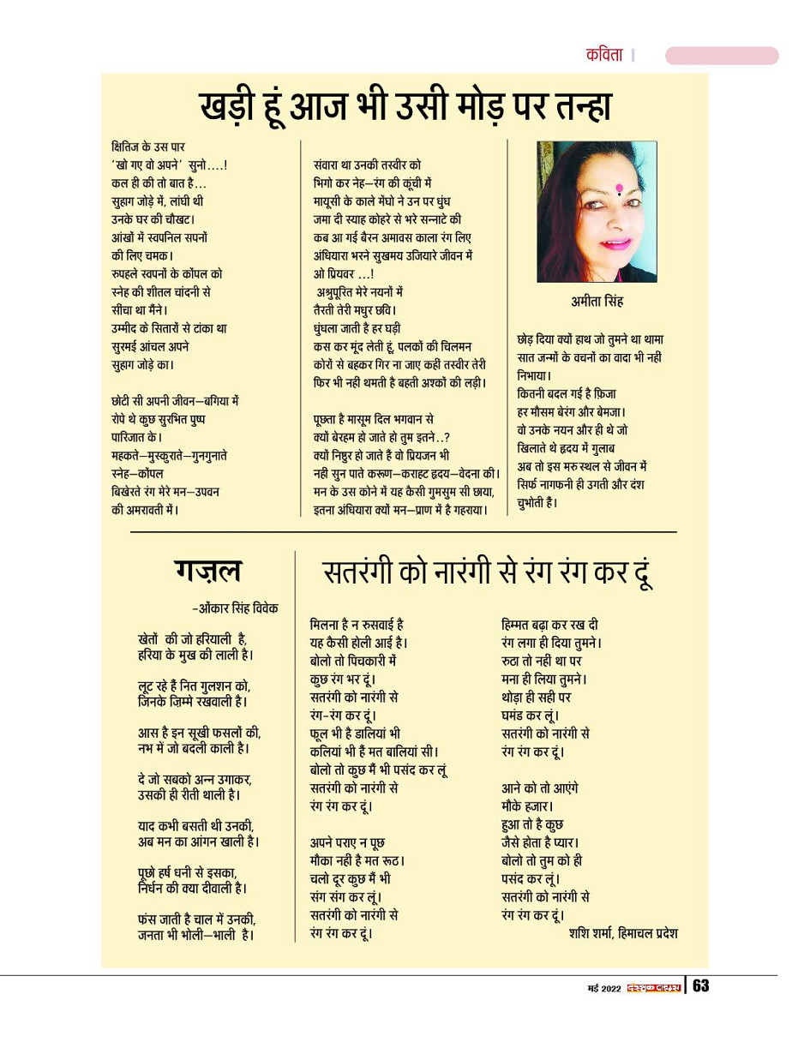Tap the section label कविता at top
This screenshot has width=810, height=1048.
(x=604, y=56)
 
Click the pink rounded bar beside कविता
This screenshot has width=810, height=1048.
(x=721, y=56)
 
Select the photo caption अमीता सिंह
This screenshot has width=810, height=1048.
(x=597, y=302)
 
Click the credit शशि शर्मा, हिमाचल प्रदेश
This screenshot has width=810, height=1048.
(x=622, y=933)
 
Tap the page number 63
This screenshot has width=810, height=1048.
(x=701, y=986)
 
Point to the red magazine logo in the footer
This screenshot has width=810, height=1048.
(x=653, y=987)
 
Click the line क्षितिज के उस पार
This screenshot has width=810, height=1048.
(x=148, y=147)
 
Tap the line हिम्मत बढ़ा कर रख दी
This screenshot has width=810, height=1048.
(x=549, y=625)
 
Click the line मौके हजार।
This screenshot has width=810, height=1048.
(x=527, y=806)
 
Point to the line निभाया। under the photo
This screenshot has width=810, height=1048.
(x=534, y=374)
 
